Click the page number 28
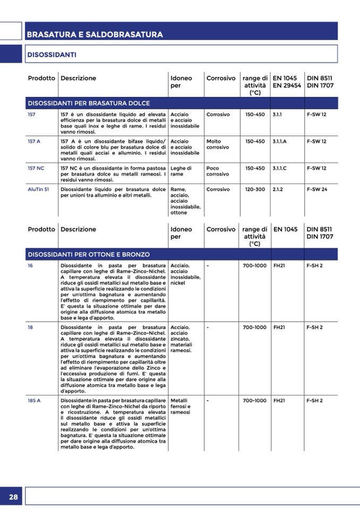[13, 497]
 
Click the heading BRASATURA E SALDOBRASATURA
[95, 34]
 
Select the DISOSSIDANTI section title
[52, 55]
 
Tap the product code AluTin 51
[38, 189]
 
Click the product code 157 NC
[36, 168]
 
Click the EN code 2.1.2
[277, 189]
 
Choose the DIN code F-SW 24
[316, 189]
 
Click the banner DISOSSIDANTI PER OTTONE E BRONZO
[89, 254]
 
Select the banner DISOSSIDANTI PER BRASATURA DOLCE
[89, 103]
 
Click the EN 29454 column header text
[287, 85]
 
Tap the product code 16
[30, 265]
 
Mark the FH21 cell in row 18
[279, 327]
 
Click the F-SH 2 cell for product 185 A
[314, 400]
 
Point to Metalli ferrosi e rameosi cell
[181, 406]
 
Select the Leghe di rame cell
[181, 171]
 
